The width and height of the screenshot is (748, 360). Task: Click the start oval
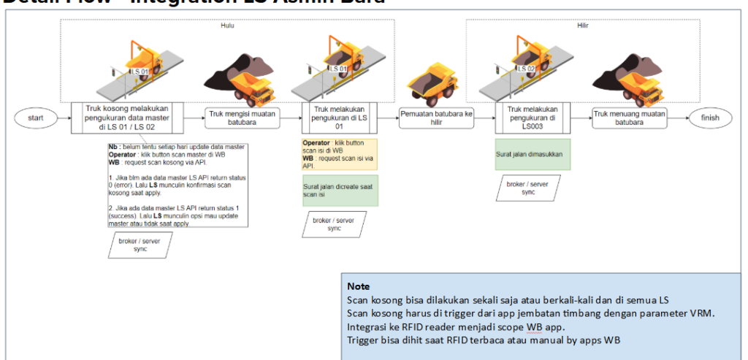(x=34, y=118)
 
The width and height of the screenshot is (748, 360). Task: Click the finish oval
(x=709, y=118)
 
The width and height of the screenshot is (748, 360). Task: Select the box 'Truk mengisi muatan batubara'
(x=241, y=118)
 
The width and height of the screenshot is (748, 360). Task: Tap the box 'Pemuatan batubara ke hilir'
(x=437, y=118)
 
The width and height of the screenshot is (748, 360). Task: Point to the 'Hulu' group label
(x=226, y=26)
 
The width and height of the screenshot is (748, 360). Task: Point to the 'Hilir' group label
(x=582, y=26)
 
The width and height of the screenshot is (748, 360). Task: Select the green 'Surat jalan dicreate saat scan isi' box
(x=340, y=191)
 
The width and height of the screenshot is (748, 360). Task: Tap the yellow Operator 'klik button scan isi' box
(x=340, y=154)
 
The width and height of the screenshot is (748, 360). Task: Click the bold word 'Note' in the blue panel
(x=358, y=286)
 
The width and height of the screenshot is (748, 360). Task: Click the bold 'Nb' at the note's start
(x=113, y=148)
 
